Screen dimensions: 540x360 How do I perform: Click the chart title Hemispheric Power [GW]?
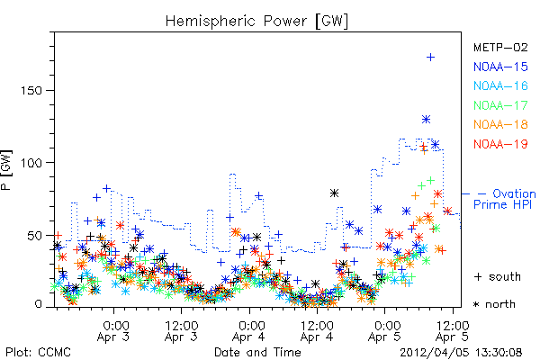256,22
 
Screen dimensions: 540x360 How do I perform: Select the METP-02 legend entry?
500,47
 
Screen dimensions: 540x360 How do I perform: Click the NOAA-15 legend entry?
500,67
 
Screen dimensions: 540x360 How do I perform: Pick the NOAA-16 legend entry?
500,85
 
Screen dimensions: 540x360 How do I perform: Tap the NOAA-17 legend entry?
500,105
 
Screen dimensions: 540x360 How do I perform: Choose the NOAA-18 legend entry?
500,124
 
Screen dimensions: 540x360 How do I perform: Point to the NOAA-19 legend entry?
500,144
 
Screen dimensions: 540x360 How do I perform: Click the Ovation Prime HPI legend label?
505,199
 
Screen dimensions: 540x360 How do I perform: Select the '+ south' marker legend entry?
498,276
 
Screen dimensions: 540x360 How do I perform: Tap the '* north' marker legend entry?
494,304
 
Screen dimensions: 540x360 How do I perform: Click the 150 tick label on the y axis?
31,91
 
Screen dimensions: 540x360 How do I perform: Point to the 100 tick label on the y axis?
31,163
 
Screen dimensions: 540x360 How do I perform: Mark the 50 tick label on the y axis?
35,236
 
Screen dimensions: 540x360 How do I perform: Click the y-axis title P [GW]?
6,170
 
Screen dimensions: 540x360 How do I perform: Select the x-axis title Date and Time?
257,352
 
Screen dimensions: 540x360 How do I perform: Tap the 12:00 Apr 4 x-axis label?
317,331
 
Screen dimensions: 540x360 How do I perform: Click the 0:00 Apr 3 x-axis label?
113,331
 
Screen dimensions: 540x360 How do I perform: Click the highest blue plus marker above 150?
430,58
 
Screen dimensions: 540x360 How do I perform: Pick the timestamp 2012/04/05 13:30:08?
461,353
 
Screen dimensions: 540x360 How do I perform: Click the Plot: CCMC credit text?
38,353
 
